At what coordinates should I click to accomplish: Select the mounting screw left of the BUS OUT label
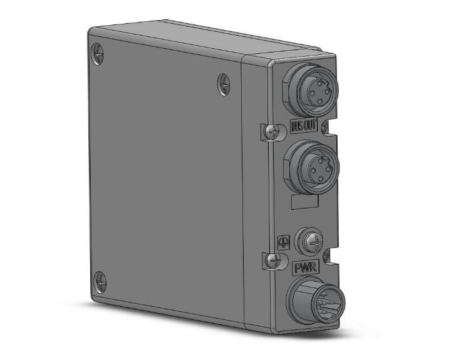pyautogui.click(x=271, y=132)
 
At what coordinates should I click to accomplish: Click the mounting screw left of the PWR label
pyautogui.click(x=273, y=260)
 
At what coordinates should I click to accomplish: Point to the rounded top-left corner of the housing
pyautogui.click(x=91, y=31)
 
